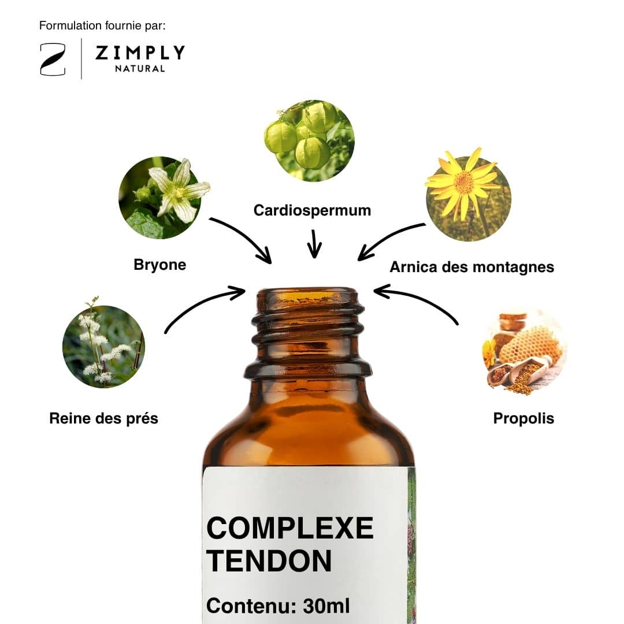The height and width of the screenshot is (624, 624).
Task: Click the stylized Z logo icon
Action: [x=53, y=60]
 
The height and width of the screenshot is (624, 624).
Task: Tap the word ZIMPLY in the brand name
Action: [x=140, y=53]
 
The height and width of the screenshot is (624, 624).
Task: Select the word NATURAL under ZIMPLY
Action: [x=140, y=69]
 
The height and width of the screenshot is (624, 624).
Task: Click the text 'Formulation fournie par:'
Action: [x=102, y=25]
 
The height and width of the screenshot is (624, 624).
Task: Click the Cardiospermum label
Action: [x=313, y=210]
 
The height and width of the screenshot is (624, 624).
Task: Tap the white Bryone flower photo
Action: [x=164, y=198]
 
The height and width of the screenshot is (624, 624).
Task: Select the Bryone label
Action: [x=160, y=265]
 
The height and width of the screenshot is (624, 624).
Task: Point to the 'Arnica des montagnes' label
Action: [x=472, y=267]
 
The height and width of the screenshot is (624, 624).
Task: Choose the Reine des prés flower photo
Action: [x=103, y=344]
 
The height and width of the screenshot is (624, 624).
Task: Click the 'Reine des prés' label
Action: [x=104, y=418]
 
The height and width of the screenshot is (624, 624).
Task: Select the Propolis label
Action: [x=523, y=418]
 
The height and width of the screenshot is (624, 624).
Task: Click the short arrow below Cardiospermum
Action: [x=314, y=244]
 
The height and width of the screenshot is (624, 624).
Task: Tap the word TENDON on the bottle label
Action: [x=269, y=560]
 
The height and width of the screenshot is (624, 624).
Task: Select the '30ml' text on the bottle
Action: [x=326, y=606]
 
